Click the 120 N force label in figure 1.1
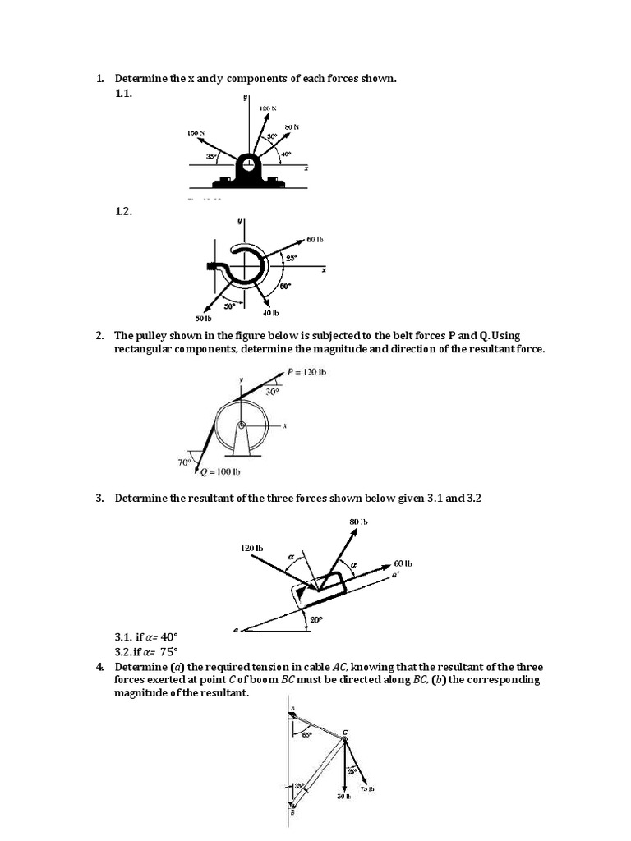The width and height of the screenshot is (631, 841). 268,108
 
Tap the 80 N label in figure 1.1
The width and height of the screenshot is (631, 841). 292,126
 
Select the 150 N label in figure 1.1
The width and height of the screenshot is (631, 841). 196,132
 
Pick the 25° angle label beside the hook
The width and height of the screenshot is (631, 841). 291,258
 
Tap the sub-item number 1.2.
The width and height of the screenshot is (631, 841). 123,211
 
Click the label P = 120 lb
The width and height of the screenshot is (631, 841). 307,372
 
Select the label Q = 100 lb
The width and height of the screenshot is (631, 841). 214,471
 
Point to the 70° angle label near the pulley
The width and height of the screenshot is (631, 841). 185,462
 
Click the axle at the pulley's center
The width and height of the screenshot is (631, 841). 241,425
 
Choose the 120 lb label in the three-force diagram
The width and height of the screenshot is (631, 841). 251,548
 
